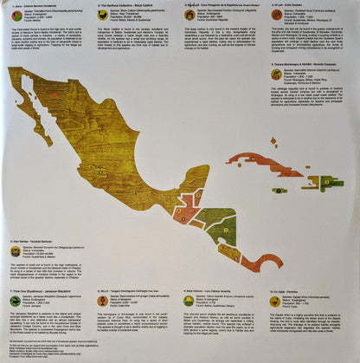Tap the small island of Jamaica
278,190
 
